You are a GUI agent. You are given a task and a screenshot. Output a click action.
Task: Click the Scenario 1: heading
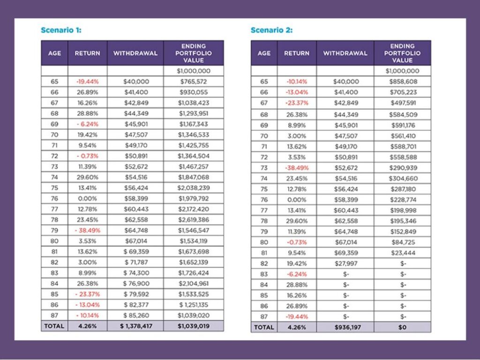(x=61, y=30)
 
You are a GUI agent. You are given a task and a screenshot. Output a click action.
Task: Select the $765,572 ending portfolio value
(x=193, y=82)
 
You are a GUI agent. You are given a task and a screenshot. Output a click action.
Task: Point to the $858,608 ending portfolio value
(x=402, y=82)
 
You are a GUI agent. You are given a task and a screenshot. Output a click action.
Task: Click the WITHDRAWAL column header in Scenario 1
(x=135, y=53)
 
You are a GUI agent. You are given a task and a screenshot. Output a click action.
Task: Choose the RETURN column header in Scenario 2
(x=297, y=53)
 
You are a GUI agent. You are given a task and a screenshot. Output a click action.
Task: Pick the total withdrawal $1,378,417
(x=135, y=326)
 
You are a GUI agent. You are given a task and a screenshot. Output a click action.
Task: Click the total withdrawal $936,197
(x=345, y=327)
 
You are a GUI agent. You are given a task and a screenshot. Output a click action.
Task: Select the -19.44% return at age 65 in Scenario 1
(x=87, y=82)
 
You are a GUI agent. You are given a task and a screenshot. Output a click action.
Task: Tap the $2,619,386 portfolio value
(x=193, y=219)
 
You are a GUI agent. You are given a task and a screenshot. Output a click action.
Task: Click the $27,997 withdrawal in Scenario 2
(x=345, y=263)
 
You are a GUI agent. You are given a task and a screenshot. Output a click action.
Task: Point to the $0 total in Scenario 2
(x=402, y=327)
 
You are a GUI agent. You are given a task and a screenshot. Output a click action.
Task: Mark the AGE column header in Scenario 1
(x=54, y=53)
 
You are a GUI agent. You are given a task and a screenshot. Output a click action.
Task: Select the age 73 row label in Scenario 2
(x=264, y=168)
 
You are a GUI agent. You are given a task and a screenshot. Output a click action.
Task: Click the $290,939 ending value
(x=402, y=168)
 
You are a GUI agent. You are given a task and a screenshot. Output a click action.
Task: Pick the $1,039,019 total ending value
(x=193, y=326)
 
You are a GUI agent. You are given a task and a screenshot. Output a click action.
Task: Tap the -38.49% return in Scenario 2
(x=297, y=168)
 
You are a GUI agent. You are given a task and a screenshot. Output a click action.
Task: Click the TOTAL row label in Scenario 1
(x=54, y=326)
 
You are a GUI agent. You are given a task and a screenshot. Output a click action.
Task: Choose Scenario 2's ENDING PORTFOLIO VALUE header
(x=402, y=53)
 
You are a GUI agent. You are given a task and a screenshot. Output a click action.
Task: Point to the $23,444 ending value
(x=402, y=252)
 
